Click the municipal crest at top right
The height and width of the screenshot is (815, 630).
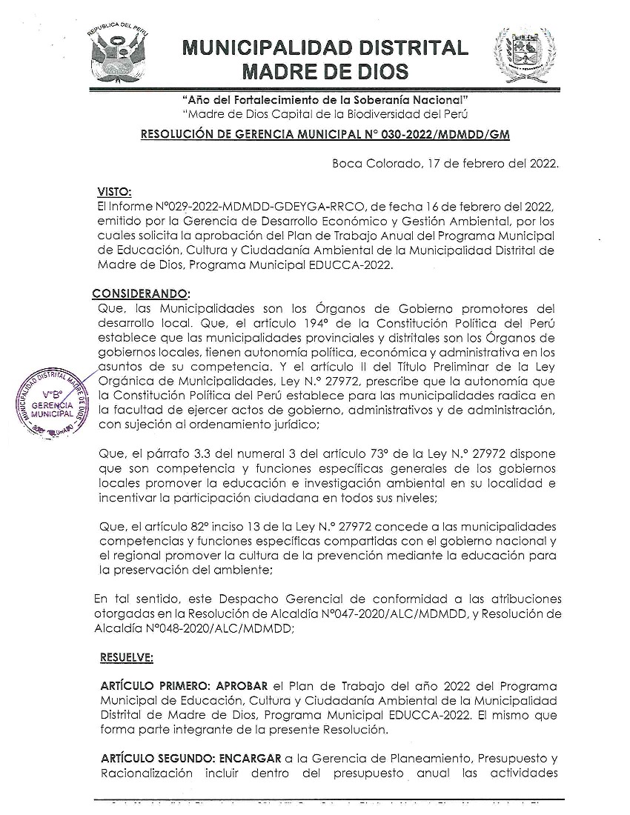(x=524, y=56)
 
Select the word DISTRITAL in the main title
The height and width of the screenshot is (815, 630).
(x=399, y=49)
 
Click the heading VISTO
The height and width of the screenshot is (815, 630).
(x=109, y=192)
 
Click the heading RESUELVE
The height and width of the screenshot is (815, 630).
(x=127, y=656)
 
